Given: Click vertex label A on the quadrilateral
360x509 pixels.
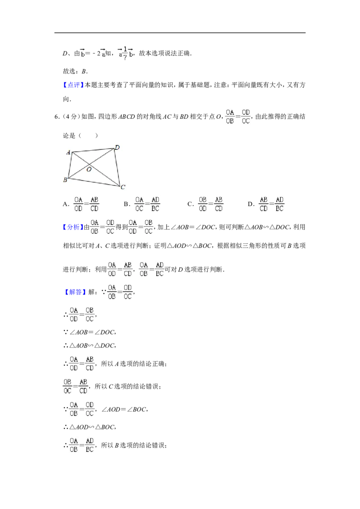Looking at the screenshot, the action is point(68,152).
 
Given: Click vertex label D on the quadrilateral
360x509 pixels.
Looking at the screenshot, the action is point(117,147).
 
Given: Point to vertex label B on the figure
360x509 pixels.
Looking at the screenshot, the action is point(65,180).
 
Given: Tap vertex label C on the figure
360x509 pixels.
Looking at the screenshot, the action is point(123,188).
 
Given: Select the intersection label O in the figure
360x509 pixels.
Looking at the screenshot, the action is point(89,169).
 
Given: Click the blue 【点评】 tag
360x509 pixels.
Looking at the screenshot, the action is point(73,85).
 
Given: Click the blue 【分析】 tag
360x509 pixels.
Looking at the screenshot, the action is point(73,227).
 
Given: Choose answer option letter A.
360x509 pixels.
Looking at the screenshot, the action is point(65,204).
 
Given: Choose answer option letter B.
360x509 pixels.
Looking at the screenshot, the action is point(126,204).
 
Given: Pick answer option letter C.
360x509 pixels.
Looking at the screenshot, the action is point(189,204).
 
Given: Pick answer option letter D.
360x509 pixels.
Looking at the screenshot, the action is point(250,204).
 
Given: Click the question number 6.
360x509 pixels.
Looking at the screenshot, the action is point(56,117).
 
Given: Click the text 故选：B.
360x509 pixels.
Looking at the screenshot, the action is point(75,71).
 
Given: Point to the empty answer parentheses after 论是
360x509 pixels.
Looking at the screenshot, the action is point(88,136).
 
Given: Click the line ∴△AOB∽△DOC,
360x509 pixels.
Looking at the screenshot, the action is point(90,346).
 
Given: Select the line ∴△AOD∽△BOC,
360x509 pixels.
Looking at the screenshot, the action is point(90,427).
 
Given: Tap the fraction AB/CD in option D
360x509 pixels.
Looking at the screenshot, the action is point(264,204).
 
